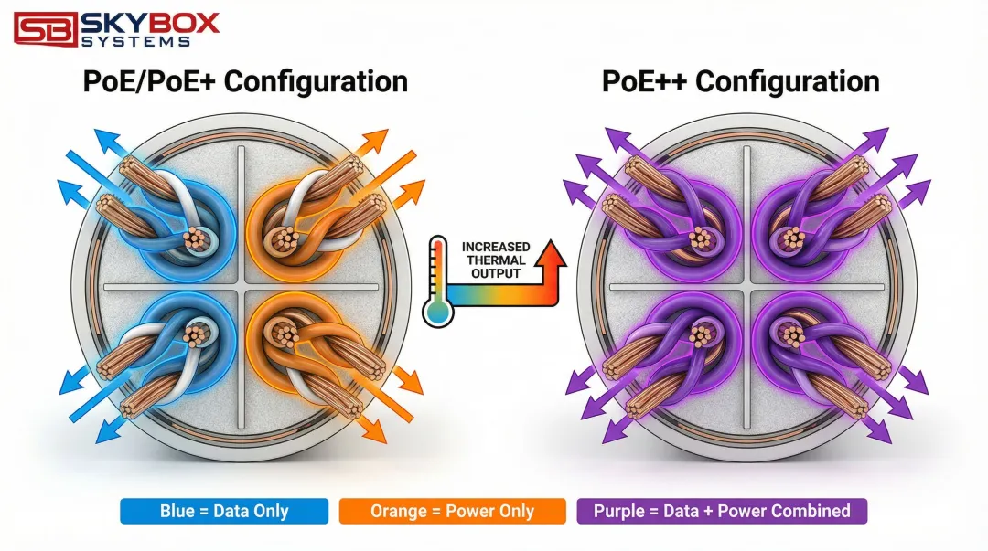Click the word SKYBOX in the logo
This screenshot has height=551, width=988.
point(150,21)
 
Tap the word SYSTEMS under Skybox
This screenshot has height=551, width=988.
point(135,41)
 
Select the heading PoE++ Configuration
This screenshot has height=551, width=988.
point(740,81)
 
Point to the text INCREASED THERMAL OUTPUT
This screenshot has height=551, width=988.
point(494,260)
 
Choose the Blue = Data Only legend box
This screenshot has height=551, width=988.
point(223,511)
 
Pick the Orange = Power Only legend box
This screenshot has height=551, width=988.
point(452,511)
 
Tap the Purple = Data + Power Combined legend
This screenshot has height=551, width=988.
point(722,511)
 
